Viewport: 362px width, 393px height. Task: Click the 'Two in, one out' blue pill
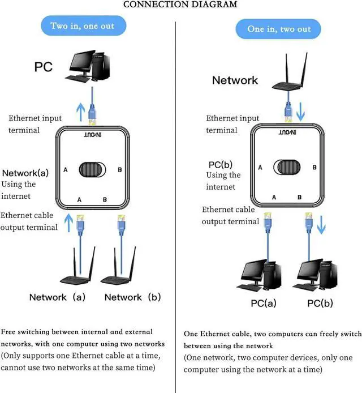82,25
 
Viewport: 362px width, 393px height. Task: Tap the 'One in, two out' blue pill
279,28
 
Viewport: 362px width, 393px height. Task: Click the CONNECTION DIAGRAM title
180,5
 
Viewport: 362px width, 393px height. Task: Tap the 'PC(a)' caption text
264,304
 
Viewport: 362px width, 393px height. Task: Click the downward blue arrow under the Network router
301,111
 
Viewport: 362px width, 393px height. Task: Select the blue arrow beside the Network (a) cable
70,223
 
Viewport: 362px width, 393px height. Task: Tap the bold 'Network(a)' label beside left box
27,173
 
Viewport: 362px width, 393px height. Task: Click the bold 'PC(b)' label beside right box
221,165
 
